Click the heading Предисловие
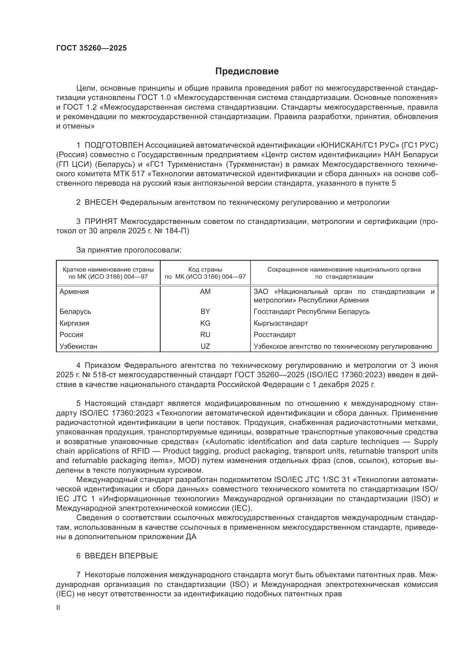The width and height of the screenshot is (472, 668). point(247,71)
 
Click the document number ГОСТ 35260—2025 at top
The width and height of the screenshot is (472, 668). point(92,48)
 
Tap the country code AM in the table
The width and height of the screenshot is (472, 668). point(205,292)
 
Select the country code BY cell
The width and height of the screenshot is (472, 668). point(205,312)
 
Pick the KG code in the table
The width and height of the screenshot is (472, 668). point(205,323)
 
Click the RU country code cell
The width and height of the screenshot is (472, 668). point(205,335)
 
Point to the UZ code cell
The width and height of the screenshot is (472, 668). point(205,346)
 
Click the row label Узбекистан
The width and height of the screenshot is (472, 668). point(78,346)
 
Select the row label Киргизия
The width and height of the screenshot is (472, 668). point(74,323)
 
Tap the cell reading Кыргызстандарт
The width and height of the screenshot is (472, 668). point(281,323)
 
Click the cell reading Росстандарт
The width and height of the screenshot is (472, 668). point(275,335)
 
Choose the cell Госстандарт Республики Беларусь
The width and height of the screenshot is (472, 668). point(312,312)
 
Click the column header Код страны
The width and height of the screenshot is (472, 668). point(205,270)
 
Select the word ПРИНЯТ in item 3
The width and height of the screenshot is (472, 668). point(101,222)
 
